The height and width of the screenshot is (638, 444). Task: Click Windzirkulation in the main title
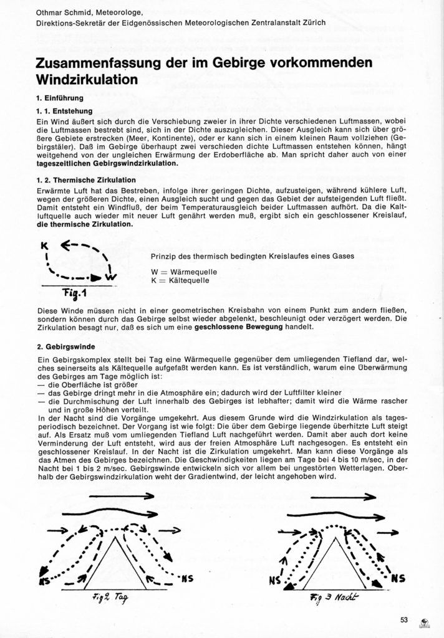pyautogui.click(x=87, y=80)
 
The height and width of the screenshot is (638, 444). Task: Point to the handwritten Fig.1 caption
pyautogui.click(x=79, y=292)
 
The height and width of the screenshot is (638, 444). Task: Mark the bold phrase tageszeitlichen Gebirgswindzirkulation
pyautogui.click(x=107, y=163)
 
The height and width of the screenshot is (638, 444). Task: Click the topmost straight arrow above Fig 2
pyautogui.click(x=121, y=497)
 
